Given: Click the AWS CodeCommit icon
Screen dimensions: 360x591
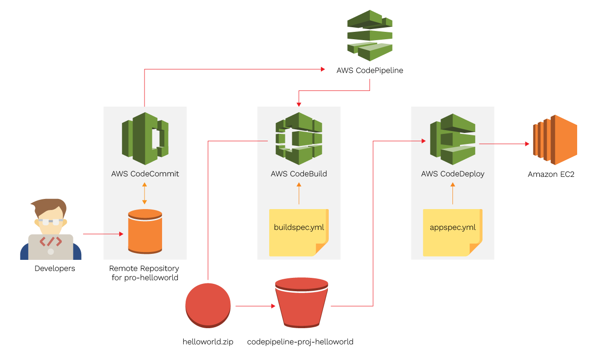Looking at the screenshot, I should (145, 138).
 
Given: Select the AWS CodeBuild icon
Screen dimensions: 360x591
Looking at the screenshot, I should (299, 138).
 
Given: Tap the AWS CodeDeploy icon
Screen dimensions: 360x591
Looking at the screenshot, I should (452, 138).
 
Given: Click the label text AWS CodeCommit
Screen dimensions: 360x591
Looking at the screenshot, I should (145, 174).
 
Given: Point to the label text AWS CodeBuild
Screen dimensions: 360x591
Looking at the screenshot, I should (299, 174).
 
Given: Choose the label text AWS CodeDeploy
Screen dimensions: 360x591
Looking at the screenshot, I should (452, 174).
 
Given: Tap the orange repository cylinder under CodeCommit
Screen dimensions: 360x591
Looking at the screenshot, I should (145, 231).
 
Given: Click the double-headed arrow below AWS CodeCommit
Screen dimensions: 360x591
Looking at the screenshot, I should (145, 193).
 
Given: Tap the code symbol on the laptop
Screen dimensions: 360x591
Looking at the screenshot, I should (51, 241).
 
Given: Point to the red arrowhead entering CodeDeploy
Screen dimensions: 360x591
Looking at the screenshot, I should (423, 141).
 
